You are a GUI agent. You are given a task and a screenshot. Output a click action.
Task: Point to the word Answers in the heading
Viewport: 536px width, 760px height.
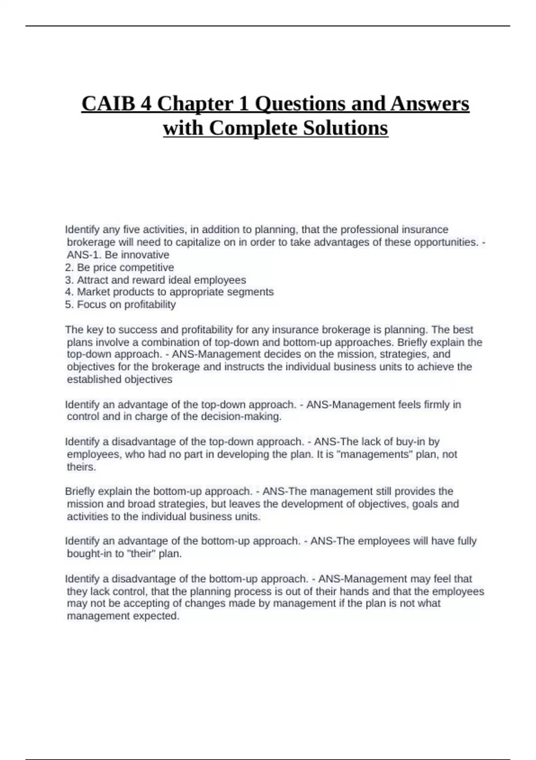pos(430,104)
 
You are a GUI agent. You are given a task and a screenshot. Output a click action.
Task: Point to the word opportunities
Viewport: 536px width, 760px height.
pos(445,242)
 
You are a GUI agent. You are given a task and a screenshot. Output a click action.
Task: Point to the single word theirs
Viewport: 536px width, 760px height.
pos(81,467)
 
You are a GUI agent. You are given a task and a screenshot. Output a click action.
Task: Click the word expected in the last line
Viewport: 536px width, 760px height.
pos(159,616)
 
